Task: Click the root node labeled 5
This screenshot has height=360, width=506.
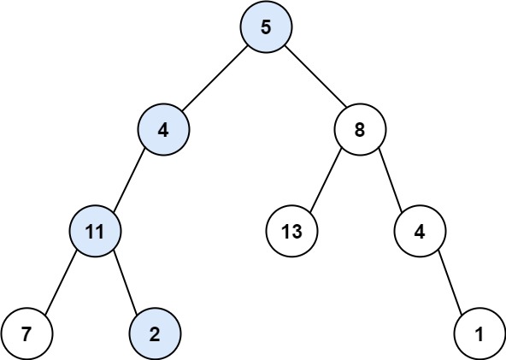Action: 266,27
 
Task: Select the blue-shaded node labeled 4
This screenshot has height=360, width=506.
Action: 163,132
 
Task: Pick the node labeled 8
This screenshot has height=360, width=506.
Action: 360,132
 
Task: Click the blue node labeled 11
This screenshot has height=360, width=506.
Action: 95,230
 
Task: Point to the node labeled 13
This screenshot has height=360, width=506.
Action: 291,230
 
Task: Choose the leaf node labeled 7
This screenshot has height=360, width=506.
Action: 26,333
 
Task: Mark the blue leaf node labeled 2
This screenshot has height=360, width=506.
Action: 155,333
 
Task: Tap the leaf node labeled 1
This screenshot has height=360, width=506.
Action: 480,333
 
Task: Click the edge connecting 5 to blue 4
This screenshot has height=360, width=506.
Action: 215,79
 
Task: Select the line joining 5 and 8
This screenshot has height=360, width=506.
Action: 313,79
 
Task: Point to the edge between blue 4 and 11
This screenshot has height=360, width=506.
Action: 129,180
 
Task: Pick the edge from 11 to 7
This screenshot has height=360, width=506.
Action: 61,281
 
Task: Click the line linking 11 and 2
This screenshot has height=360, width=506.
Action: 125,281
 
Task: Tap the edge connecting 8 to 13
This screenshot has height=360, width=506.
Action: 326,180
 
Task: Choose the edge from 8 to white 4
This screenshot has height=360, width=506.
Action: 390,180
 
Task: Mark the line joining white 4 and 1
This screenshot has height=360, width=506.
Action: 450,281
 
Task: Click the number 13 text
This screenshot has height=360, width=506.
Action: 291,230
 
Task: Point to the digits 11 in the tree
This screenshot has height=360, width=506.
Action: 95,230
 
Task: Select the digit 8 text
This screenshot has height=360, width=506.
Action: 360,132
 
